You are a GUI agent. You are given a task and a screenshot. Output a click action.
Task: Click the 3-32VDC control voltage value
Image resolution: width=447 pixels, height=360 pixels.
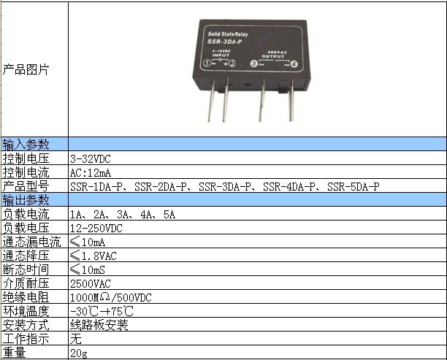tap(91, 158)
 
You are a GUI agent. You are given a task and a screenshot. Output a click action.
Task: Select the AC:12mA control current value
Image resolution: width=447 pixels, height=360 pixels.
tap(91, 173)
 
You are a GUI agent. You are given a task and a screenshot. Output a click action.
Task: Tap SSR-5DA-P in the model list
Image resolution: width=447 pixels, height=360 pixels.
tap(354, 186)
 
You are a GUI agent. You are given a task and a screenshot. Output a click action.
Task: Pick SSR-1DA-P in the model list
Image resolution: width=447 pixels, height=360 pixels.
tap(96, 186)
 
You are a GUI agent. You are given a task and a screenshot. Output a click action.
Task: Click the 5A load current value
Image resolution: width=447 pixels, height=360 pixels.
tap(169, 215)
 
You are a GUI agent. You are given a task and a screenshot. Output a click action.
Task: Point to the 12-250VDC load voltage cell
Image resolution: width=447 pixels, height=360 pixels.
tap(96, 229)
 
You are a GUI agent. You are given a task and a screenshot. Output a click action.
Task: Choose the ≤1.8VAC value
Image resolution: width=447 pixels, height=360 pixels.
tap(93, 256)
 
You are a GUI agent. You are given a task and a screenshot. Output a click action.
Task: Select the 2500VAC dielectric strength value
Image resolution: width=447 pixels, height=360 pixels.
tap(91, 283)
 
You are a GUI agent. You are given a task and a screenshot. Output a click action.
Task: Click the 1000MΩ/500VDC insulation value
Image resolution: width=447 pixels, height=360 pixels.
tap(111, 298)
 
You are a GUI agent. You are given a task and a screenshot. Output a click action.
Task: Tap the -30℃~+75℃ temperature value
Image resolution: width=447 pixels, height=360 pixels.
tap(102, 311)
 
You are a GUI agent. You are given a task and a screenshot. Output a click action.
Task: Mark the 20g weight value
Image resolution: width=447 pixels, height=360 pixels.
tap(79, 353)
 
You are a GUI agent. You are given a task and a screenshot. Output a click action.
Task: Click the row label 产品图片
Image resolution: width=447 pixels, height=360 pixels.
tap(26, 69)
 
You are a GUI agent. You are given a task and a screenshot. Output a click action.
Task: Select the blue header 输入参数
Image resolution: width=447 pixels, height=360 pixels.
tap(26, 145)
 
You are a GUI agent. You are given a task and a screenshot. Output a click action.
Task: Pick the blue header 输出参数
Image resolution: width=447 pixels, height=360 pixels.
tap(26, 200)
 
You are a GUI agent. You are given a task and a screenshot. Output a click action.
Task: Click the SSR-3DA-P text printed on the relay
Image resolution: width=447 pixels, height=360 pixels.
tap(225, 42)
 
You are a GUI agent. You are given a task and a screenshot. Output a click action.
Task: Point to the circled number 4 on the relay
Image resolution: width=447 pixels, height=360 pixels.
tap(294, 64)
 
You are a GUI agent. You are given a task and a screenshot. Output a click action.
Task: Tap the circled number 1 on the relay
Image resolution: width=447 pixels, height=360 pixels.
tap(207, 64)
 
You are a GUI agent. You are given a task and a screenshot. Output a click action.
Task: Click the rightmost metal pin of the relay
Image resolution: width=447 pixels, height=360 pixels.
tap(291, 100)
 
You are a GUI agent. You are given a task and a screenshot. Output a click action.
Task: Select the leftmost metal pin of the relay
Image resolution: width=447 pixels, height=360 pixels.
tap(211, 102)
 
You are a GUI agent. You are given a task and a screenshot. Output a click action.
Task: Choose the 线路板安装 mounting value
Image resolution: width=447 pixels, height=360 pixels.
tap(99, 325)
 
